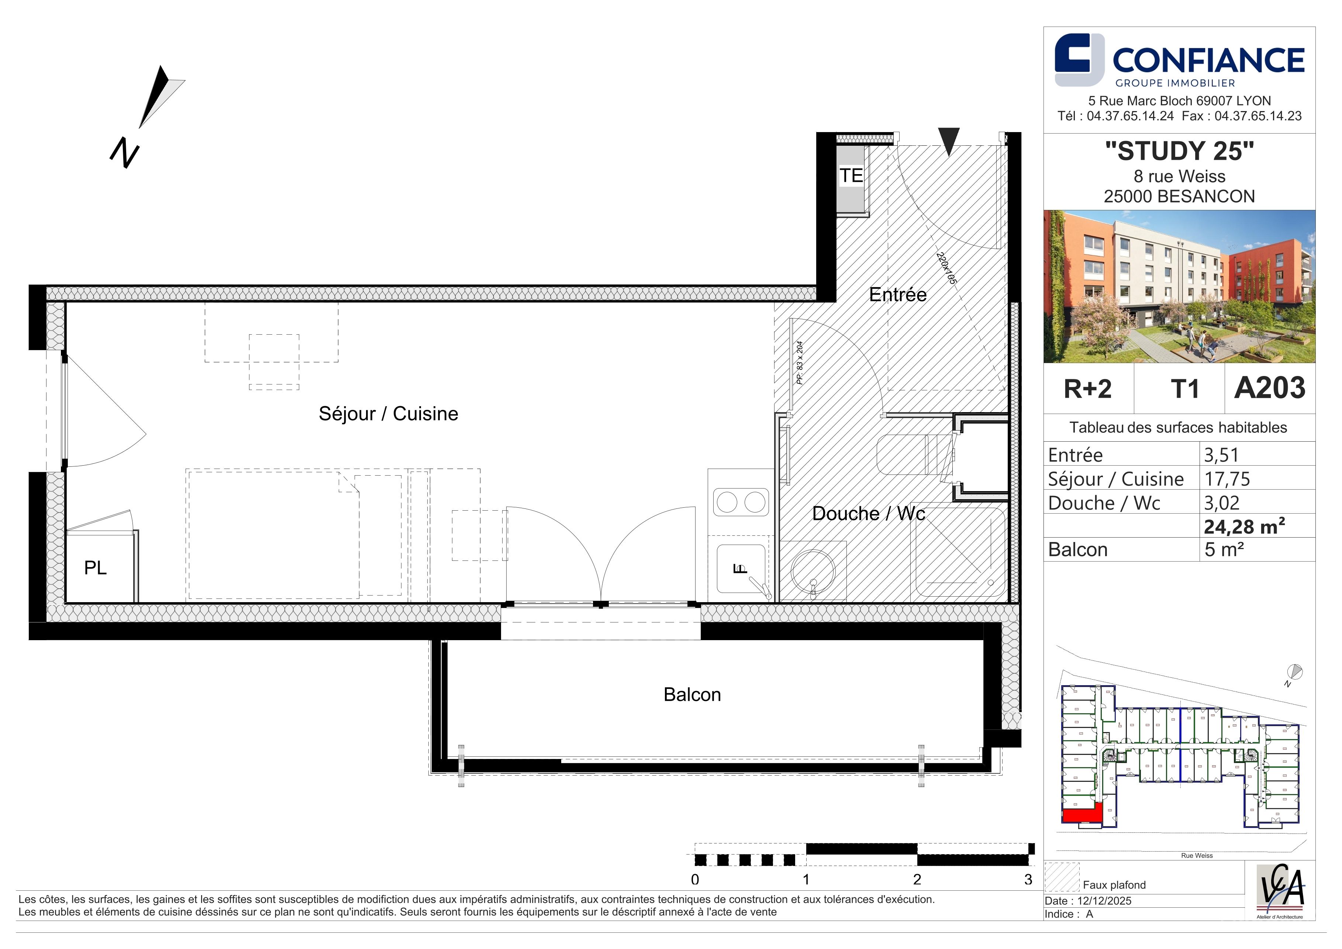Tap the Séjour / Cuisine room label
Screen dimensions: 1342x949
[x=388, y=414]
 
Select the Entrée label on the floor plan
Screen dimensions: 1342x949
[x=898, y=294]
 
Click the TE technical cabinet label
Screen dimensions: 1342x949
[x=851, y=175]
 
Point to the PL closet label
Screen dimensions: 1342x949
[x=95, y=567]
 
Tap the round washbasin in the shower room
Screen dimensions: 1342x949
[x=813, y=570]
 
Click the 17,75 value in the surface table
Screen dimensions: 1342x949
[x=1227, y=479]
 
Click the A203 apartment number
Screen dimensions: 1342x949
[x=1270, y=388]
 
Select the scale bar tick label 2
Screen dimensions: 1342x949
[x=917, y=880]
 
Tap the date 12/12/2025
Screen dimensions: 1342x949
[x=1105, y=901]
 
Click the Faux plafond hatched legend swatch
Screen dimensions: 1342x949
[x=1062, y=877]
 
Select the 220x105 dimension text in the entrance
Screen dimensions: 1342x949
[x=946, y=268]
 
